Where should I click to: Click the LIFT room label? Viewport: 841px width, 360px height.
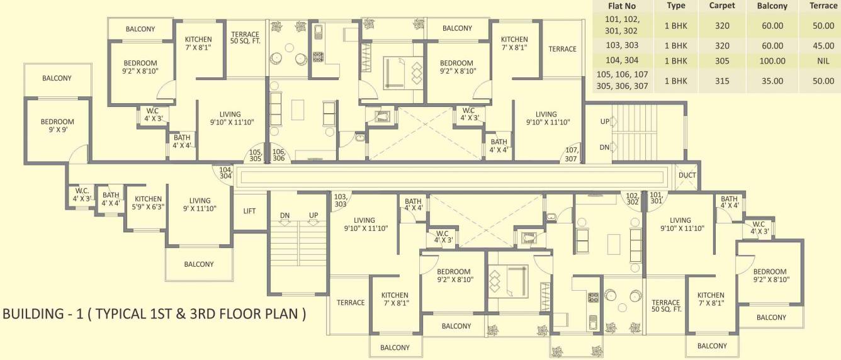coord(249,211)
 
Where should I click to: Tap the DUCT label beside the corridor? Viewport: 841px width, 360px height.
coord(687,176)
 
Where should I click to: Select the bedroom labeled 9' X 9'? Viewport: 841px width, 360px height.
coord(57,126)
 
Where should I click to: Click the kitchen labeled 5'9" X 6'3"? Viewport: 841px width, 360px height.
coord(147,203)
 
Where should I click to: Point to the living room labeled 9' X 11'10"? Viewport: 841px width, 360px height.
coord(200,205)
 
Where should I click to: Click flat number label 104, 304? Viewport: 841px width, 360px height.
coord(225,172)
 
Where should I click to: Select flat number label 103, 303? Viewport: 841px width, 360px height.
coord(341,200)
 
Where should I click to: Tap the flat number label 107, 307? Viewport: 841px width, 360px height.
coord(571,154)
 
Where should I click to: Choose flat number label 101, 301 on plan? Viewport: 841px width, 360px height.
coord(656,198)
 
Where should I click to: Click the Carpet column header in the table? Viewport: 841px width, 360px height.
coord(722,6)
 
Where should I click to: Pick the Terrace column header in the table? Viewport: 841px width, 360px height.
coord(823,6)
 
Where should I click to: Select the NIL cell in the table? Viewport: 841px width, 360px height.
coord(823,61)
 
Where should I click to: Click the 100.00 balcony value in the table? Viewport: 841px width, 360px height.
coord(772,61)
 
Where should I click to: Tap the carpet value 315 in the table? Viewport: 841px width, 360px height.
coord(722,81)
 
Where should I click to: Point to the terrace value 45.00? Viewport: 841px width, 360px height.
coord(823,45)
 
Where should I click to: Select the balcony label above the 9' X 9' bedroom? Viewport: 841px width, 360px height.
coord(57,78)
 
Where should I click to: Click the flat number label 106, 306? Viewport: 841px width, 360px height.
coord(279,155)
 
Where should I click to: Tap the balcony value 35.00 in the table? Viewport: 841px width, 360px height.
coord(772,81)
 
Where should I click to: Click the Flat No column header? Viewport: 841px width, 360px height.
coord(622,6)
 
